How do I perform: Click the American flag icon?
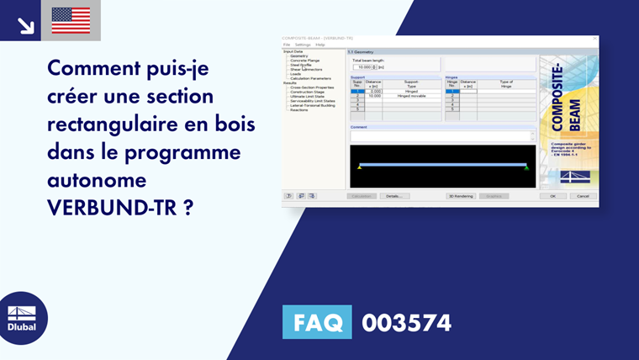(71, 20)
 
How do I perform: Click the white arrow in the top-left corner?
(25, 25)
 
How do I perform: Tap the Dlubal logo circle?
(22, 318)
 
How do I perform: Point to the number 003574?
(406, 323)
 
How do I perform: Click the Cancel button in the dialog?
(581, 196)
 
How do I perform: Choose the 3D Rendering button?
(461, 196)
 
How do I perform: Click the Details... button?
(392, 196)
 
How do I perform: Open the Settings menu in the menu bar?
(302, 45)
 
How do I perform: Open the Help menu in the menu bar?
(320, 45)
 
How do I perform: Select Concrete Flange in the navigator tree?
(305, 61)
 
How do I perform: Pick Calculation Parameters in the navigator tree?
(310, 78)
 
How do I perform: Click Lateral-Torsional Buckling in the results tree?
(312, 105)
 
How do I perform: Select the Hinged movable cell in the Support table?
(411, 96)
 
